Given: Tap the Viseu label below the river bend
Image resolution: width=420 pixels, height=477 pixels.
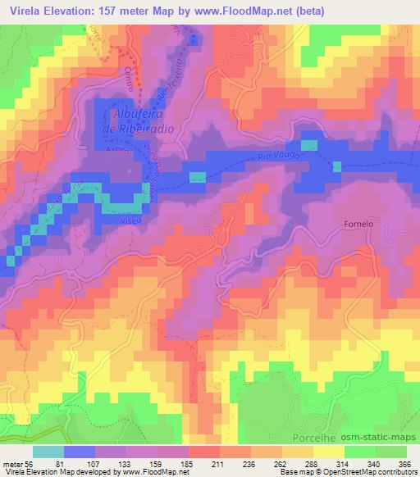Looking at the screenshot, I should [x=126, y=220].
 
